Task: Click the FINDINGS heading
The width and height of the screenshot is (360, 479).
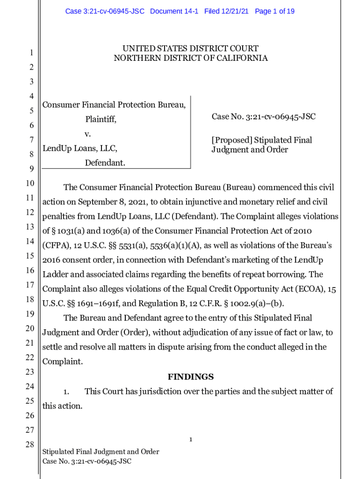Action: (x=191, y=377)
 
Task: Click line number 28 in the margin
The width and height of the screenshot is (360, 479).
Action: (x=29, y=444)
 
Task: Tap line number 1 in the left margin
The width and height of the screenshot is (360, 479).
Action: (x=31, y=53)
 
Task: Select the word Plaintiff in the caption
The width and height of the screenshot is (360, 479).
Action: (x=101, y=120)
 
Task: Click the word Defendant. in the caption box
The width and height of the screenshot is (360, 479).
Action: (x=105, y=163)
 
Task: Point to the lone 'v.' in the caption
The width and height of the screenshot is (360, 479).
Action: (x=87, y=134)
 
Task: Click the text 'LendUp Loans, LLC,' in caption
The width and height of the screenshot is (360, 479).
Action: (x=80, y=149)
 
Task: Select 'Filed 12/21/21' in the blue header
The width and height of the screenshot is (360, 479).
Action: (x=226, y=11)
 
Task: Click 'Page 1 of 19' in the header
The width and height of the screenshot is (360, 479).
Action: (x=274, y=11)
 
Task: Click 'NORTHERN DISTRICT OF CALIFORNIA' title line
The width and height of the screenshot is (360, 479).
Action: (x=191, y=58)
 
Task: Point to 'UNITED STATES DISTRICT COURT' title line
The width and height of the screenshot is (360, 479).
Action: (x=190, y=49)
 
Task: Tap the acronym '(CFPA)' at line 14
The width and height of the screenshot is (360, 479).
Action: (x=56, y=246)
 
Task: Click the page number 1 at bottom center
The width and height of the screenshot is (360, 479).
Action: (x=191, y=439)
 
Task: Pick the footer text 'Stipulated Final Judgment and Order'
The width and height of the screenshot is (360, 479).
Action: (x=101, y=452)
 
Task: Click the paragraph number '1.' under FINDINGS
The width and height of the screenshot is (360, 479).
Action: (x=66, y=392)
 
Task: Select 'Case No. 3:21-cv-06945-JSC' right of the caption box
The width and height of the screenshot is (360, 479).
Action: (x=263, y=116)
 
